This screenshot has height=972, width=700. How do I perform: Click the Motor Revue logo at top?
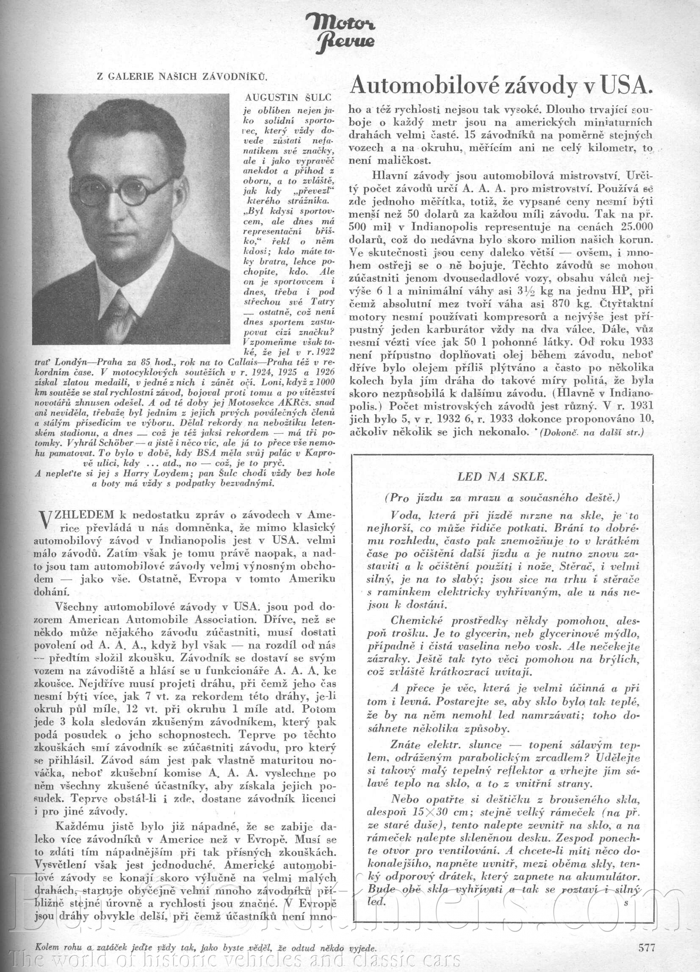point(341,33)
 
